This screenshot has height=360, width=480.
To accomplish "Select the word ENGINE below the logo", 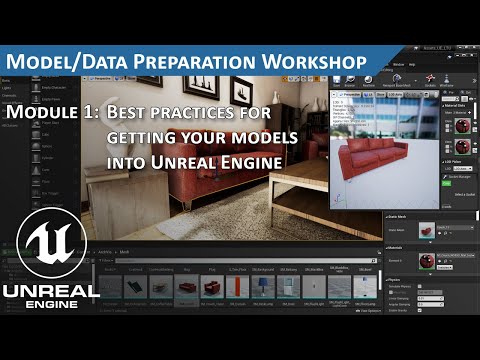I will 50,310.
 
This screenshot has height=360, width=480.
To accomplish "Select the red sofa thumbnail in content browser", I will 211,287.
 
